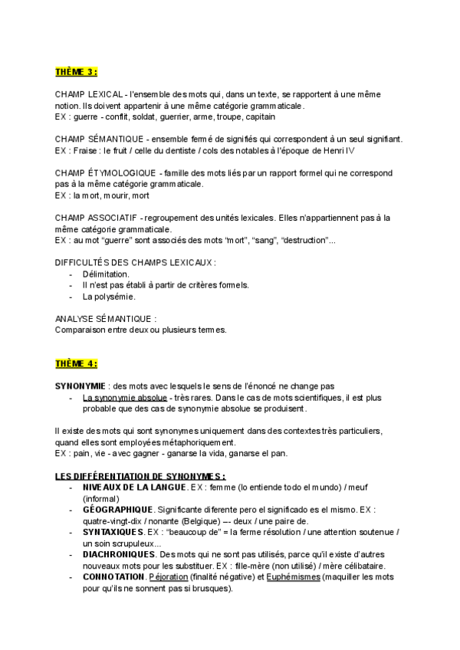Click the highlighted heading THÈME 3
(x=76, y=72)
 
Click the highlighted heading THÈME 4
(x=76, y=363)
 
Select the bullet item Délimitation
(x=106, y=274)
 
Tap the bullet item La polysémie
(x=109, y=296)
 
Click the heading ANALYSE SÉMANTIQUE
(x=106, y=318)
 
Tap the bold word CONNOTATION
(x=113, y=576)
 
